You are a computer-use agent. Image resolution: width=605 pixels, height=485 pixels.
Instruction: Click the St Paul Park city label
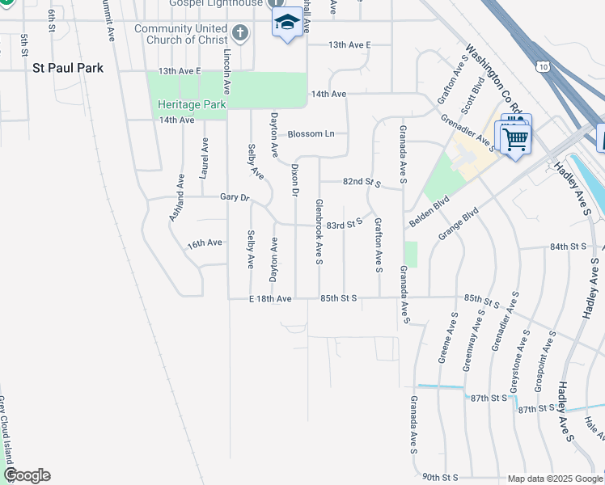pyautogui.click(x=68, y=69)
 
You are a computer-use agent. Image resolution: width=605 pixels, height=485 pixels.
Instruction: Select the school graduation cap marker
pyautogui.click(x=286, y=22)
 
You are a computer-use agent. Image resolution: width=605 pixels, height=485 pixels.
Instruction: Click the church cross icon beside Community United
pyautogui.click(x=239, y=33)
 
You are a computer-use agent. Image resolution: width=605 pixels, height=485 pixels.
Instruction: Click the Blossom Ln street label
pyautogui.click(x=311, y=133)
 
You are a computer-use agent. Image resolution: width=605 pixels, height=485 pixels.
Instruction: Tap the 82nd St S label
pyautogui.click(x=361, y=183)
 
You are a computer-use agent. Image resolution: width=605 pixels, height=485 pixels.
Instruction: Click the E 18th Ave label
pyautogui.click(x=270, y=298)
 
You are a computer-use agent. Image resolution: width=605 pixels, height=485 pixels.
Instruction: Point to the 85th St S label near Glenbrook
pyautogui.click(x=339, y=298)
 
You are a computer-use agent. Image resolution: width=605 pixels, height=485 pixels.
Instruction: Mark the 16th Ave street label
pyautogui.click(x=204, y=242)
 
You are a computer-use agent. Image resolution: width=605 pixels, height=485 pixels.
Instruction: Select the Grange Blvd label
pyautogui.click(x=459, y=222)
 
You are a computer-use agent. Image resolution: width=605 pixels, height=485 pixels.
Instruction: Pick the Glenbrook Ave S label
pyautogui.click(x=319, y=232)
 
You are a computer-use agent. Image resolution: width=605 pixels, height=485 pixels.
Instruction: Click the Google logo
pyautogui.click(x=27, y=475)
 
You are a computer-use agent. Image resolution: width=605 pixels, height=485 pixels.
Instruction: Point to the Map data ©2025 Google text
pyautogui.click(x=554, y=479)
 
